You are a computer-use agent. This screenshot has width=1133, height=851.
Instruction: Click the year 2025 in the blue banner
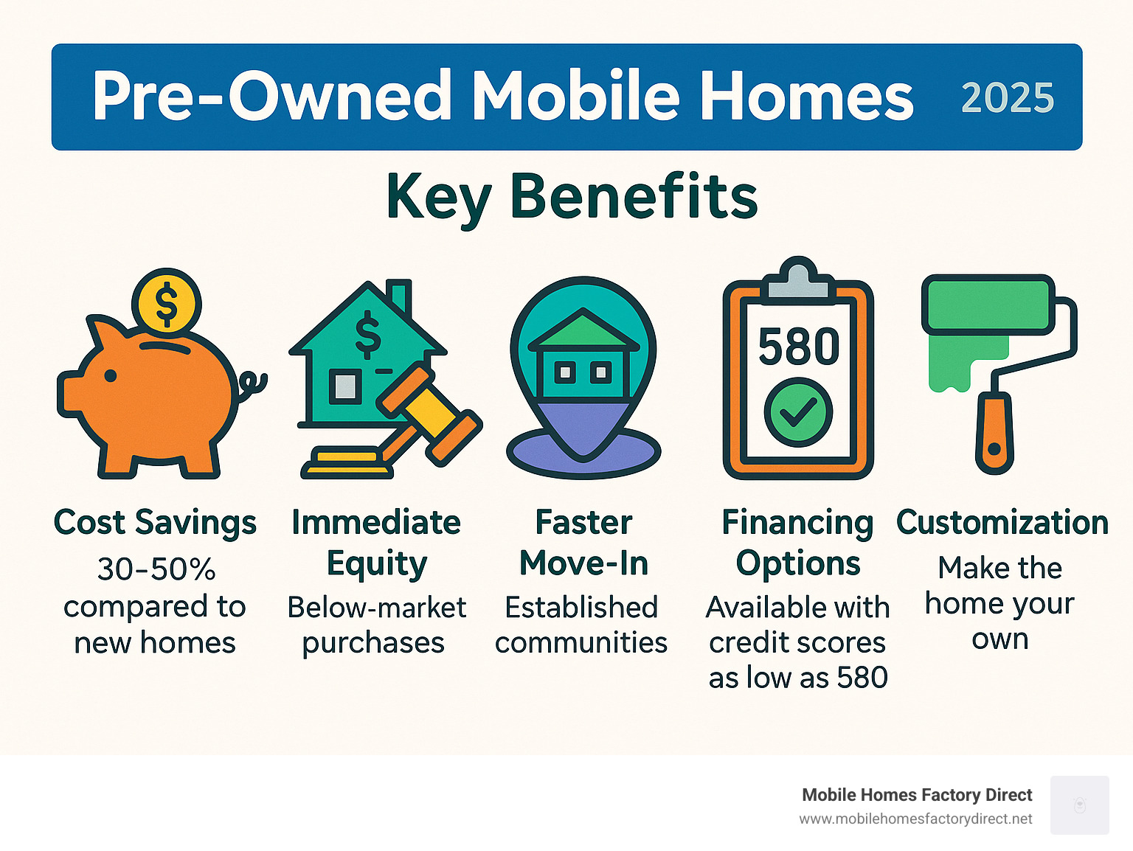coord(1007,97)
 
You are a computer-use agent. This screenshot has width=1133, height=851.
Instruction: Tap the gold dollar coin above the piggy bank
coord(166,303)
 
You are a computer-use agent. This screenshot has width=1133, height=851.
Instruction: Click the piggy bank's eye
coord(111,375)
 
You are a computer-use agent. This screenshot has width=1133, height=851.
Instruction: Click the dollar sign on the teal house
coord(368,335)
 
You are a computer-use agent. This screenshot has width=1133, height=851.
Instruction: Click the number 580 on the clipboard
coord(798,346)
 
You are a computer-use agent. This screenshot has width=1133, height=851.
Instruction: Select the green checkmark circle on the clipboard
coord(798,412)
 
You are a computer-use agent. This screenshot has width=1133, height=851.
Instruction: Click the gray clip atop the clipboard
coord(799,279)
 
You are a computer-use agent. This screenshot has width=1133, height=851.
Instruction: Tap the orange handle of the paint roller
coord(994,432)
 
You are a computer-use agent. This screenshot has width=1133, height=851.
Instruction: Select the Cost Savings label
coord(155,523)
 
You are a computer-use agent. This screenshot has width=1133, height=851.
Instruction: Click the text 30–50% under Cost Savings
coord(156,569)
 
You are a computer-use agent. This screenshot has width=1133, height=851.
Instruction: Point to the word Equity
coord(377,564)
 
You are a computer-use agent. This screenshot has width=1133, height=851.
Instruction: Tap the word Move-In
coord(583,563)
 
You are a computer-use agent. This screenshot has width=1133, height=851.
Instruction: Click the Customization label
coord(1002,522)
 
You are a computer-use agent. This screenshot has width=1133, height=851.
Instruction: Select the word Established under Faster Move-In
coord(581,607)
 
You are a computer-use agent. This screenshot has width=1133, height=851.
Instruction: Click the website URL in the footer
coord(915,819)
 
